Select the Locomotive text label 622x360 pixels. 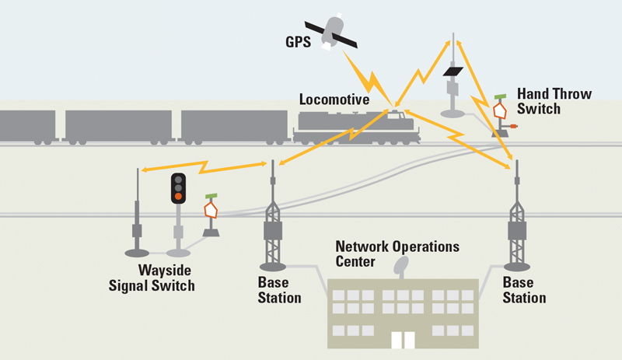pos(334,100)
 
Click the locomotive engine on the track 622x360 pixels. pos(358,127)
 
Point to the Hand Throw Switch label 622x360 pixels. pos(554,101)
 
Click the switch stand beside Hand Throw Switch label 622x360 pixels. pos(501,117)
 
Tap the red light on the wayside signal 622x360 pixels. pos(178,196)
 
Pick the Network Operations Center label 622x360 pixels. pos(397,253)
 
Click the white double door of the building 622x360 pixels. pos(402,340)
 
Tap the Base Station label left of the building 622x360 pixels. pos(279,290)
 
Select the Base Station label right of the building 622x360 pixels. pos(524,290)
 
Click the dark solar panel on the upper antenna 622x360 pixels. pos(453,72)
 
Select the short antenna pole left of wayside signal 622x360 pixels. pos(137,218)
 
